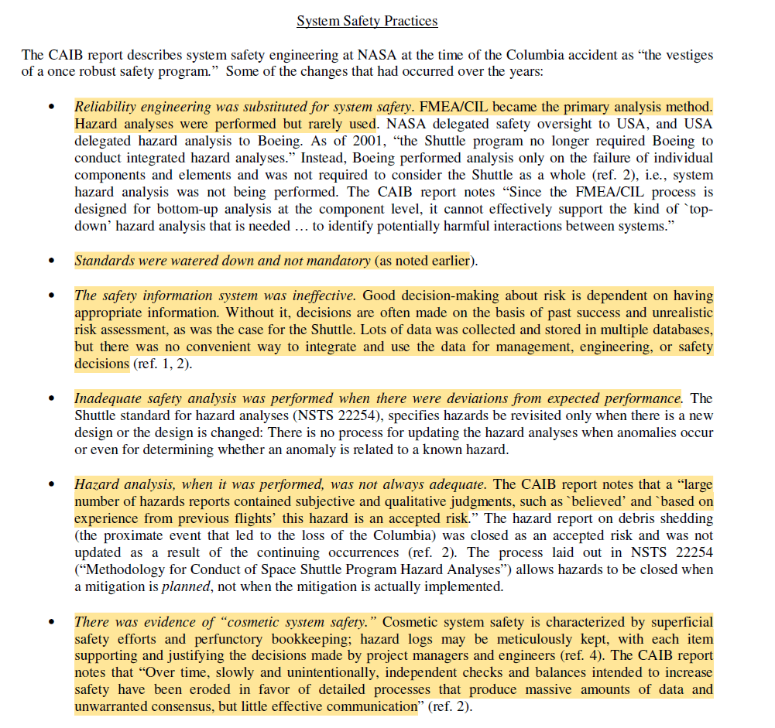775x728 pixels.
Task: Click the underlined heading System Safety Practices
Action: [x=367, y=21]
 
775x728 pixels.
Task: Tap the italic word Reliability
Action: [x=105, y=107]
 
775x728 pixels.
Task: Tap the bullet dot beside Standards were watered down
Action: [x=52, y=261]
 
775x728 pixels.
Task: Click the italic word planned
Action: [x=180, y=586]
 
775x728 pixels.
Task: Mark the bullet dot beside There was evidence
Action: [x=52, y=622]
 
